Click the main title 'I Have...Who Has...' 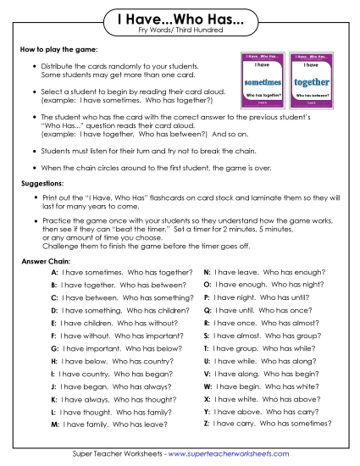179,19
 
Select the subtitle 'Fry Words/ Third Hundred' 179,31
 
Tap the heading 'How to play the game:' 53,53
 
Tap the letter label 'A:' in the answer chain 54,273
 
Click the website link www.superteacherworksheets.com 230,453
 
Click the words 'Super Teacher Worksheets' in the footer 114,453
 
